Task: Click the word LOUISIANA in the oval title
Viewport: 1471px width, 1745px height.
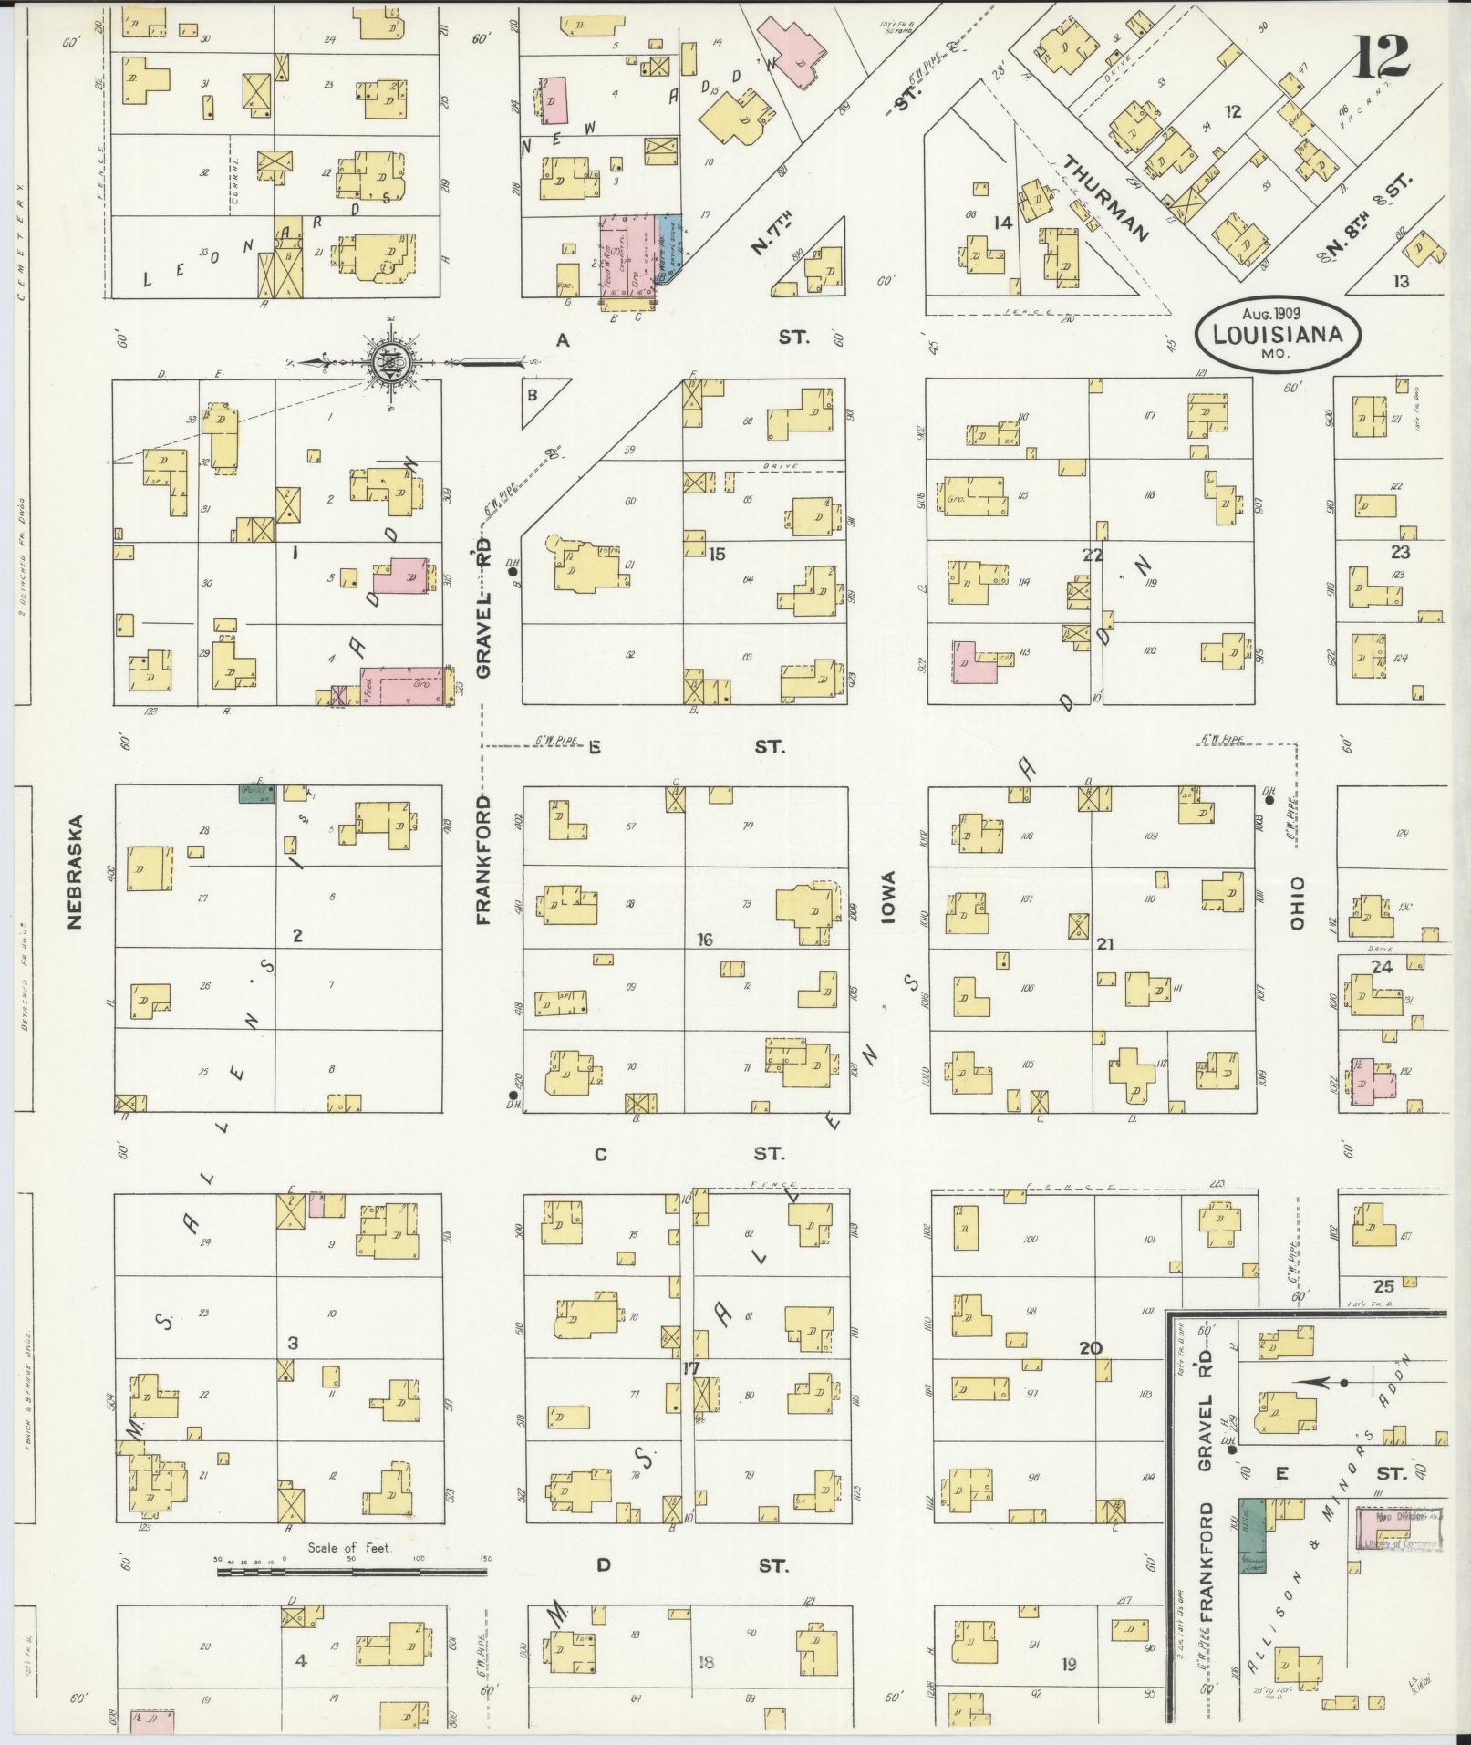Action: coord(1278,334)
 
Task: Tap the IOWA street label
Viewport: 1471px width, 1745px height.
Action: coord(889,899)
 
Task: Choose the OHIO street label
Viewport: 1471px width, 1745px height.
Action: coord(1297,903)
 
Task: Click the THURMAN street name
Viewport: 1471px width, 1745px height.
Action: coord(1104,197)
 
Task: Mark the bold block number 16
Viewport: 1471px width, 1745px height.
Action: coord(703,940)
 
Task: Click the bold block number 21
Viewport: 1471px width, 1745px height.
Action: coord(1104,945)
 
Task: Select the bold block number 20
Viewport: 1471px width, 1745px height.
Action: coord(1090,1348)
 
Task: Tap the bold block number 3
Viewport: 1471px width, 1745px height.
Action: coord(293,1343)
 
